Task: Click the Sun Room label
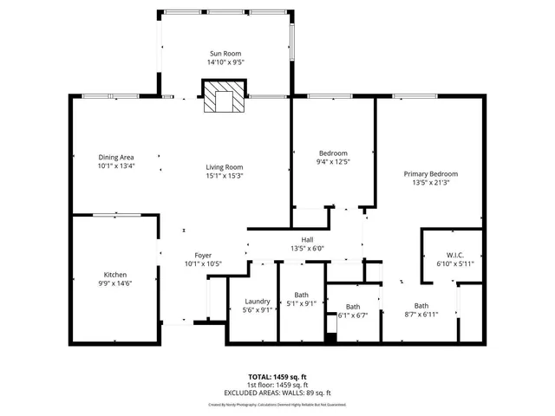click(224, 54)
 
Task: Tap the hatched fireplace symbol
click(224, 98)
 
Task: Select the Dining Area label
click(115, 157)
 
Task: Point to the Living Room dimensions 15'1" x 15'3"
click(224, 176)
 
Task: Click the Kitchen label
click(115, 275)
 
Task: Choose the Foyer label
click(203, 255)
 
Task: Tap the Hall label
click(307, 240)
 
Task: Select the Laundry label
click(258, 302)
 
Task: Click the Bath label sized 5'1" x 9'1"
click(301, 295)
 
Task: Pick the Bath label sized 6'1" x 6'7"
click(353, 306)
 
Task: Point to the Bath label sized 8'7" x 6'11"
click(421, 305)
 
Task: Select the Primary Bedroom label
click(429, 173)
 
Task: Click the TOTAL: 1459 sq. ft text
click(277, 377)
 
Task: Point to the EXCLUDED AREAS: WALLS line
click(277, 393)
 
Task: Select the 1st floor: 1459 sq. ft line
click(277, 385)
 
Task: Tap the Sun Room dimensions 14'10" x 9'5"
click(224, 62)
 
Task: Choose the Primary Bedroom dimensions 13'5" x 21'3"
click(429, 183)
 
